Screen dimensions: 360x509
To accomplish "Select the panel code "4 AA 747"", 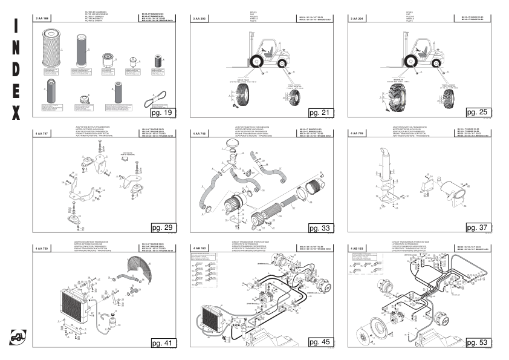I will click(44, 133).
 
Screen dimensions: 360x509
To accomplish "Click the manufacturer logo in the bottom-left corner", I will click(18, 338).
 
